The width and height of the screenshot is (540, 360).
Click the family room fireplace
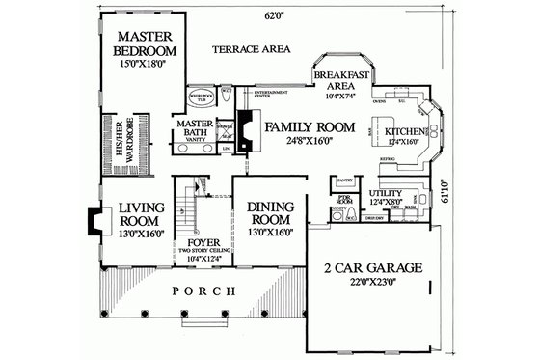click(x=248, y=131)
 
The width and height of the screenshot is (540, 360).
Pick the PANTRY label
click(x=343, y=180)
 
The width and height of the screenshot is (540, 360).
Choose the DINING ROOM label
click(x=269, y=212)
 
